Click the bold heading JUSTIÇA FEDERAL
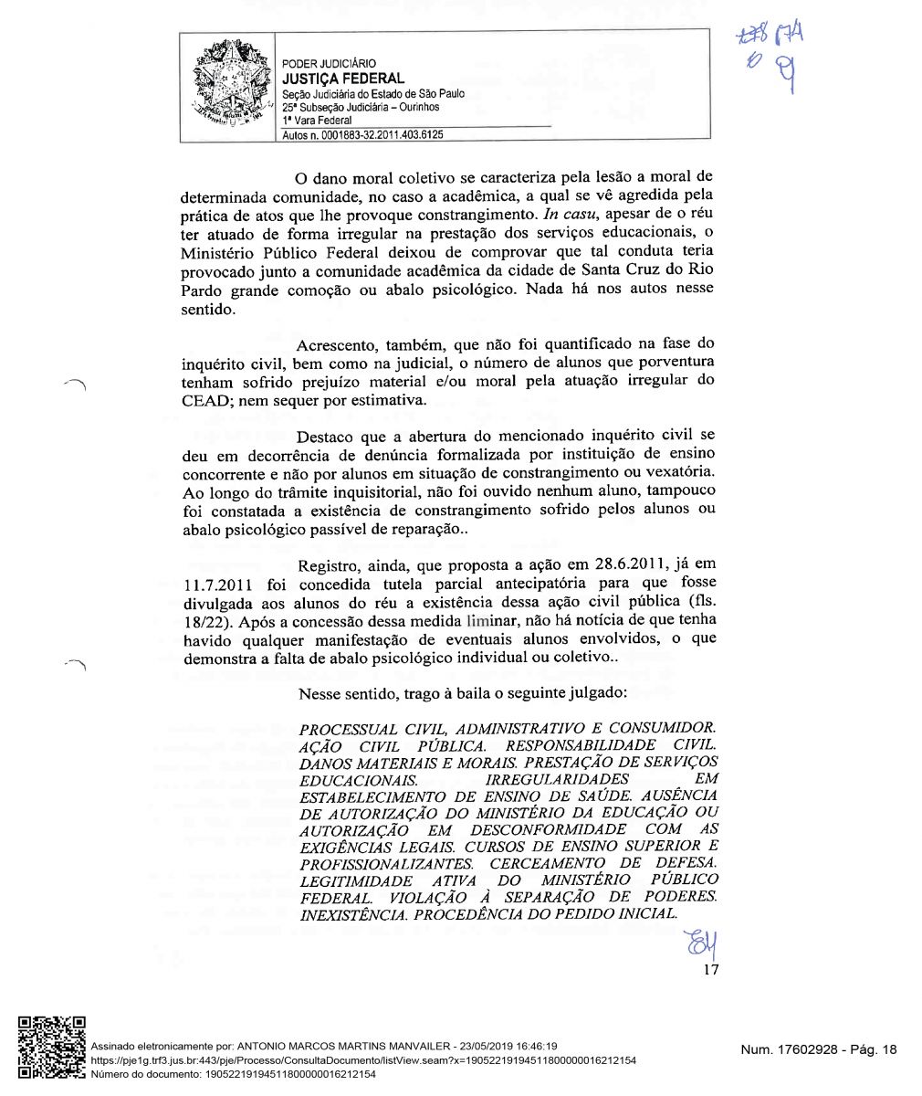pos(342,79)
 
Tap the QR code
pos(52,1048)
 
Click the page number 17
pos(710,969)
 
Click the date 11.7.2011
pos(218,583)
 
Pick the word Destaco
pos(328,436)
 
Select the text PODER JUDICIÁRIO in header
pos(329,64)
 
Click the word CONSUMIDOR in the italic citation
pos(662,729)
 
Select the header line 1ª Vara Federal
pos(317,120)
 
